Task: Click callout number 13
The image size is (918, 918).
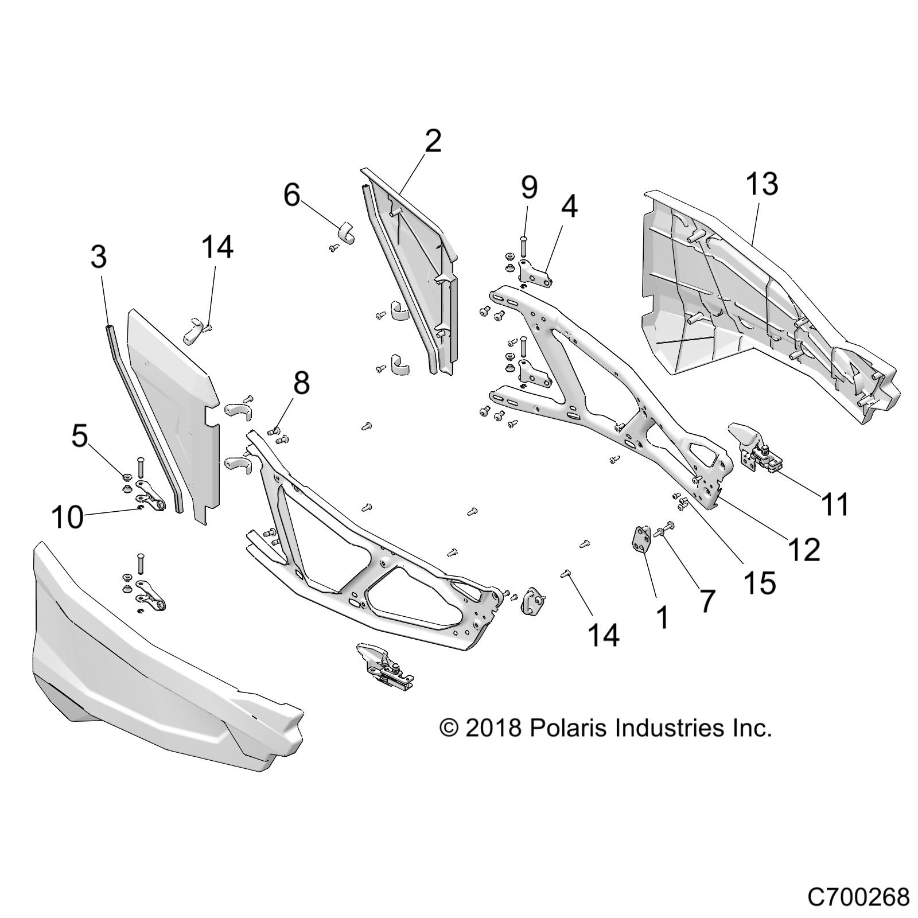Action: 762,184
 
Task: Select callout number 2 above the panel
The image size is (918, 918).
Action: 433,141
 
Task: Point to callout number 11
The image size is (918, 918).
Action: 835,505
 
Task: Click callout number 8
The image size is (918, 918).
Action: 301,383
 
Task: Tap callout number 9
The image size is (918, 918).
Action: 528,187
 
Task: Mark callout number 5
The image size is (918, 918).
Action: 79,437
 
